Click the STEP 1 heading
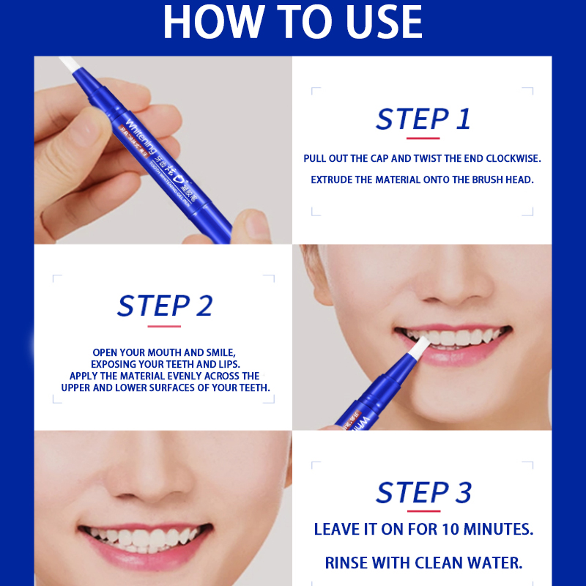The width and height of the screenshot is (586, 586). coord(423,119)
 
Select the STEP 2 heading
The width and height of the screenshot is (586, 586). coord(164,306)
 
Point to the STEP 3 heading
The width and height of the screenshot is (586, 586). coord(423,493)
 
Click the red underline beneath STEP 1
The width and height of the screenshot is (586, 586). coord(423,138)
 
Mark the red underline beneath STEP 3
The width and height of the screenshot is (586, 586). coord(423,511)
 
